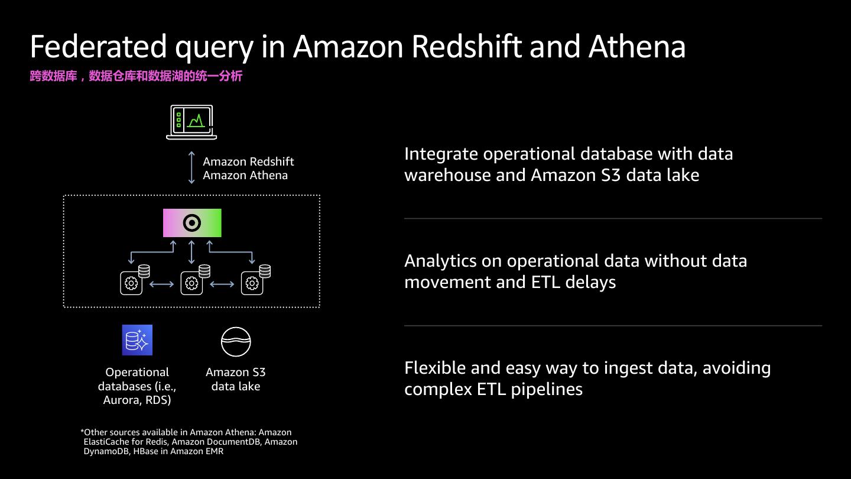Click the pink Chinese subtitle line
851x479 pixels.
coord(136,76)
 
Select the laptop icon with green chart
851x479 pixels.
coord(191,122)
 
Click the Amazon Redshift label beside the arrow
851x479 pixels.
coord(248,161)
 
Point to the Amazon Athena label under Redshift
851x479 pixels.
coord(245,175)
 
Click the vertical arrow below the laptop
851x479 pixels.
coord(191,167)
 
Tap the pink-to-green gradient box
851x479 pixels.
coord(192,223)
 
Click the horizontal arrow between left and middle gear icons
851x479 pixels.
coord(162,284)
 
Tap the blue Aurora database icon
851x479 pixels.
coord(137,340)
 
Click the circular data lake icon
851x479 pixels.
coord(236,342)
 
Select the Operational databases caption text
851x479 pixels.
coord(137,386)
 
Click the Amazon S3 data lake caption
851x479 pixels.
coord(236,379)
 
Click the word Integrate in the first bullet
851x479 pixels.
coord(441,154)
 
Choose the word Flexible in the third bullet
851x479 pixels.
coord(435,368)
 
